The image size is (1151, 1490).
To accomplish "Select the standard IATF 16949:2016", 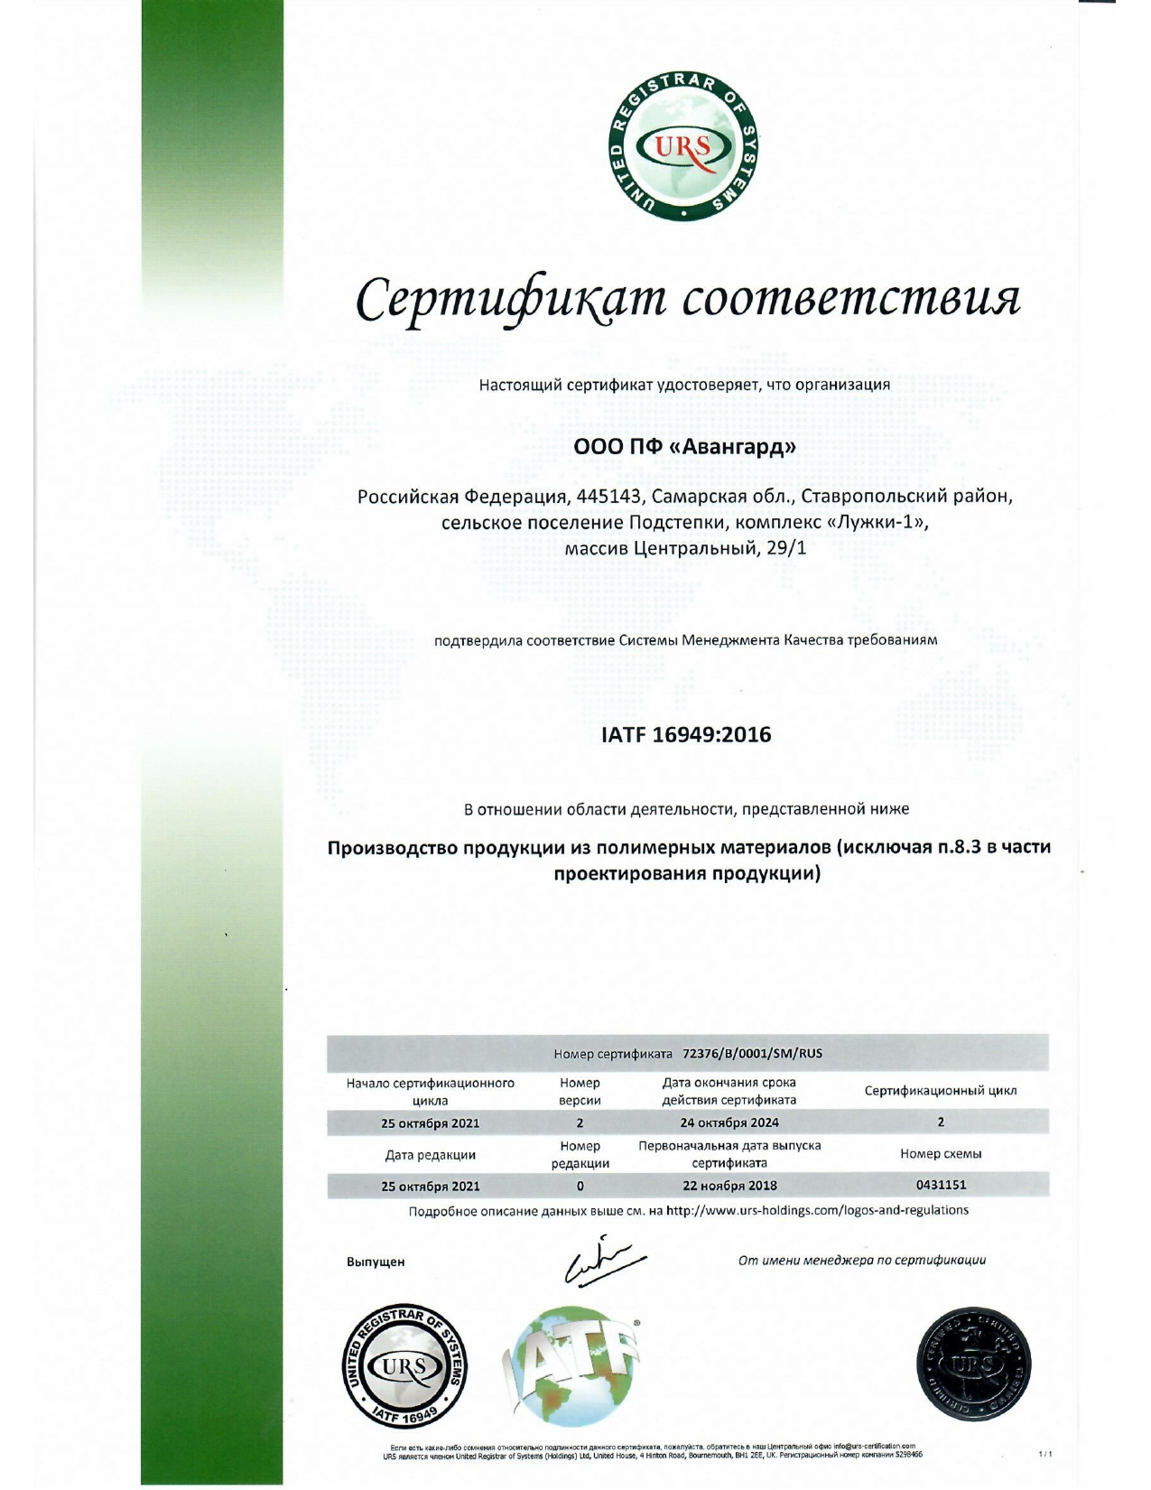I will click(686, 734).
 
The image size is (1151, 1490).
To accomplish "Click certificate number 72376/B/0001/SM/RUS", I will click(753, 1053).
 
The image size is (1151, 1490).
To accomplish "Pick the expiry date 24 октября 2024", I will click(729, 1122).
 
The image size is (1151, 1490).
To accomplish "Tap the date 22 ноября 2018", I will click(729, 1186).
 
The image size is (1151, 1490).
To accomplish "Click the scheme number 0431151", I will click(941, 1185).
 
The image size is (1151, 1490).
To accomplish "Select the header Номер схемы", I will click(941, 1154).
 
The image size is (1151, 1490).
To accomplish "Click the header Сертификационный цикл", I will click(941, 1091).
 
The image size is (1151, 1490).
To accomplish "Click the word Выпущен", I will click(376, 1262).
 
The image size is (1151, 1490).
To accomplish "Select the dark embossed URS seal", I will click(974, 1365).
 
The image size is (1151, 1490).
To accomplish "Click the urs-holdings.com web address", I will click(817, 1210).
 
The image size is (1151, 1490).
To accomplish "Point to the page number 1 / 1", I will click(1045, 1455).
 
